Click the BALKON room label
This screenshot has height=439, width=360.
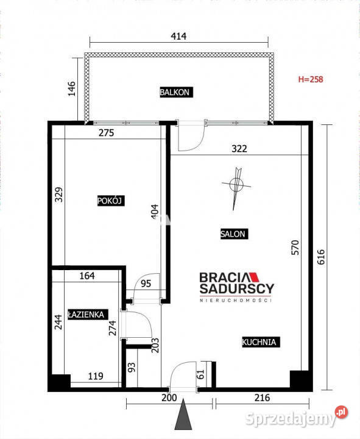click(x=176, y=92)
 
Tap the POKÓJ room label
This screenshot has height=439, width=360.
click(x=111, y=201)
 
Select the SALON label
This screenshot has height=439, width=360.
click(x=234, y=234)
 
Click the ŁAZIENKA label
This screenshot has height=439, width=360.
click(x=88, y=315)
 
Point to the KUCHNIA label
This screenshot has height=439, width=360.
click(x=261, y=342)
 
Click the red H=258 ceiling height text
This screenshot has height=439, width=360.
click(x=311, y=79)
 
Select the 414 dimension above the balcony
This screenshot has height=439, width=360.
click(x=178, y=36)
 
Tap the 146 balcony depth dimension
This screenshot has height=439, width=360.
click(x=72, y=88)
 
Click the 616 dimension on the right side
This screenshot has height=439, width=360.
click(x=321, y=257)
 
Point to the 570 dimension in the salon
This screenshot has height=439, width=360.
click(x=295, y=248)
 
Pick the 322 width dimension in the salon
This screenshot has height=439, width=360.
click(x=239, y=148)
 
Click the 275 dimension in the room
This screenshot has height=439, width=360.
click(x=106, y=133)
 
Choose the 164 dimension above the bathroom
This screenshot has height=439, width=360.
click(x=87, y=276)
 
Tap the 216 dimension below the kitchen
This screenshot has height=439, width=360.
click(x=262, y=398)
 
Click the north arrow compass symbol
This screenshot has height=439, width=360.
click(x=236, y=185)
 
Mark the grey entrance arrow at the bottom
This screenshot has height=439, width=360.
click(x=183, y=415)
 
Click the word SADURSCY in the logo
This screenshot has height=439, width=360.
click(x=236, y=288)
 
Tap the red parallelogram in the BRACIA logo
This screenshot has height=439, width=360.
click(x=254, y=277)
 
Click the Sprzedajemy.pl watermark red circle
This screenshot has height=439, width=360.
click(x=341, y=412)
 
